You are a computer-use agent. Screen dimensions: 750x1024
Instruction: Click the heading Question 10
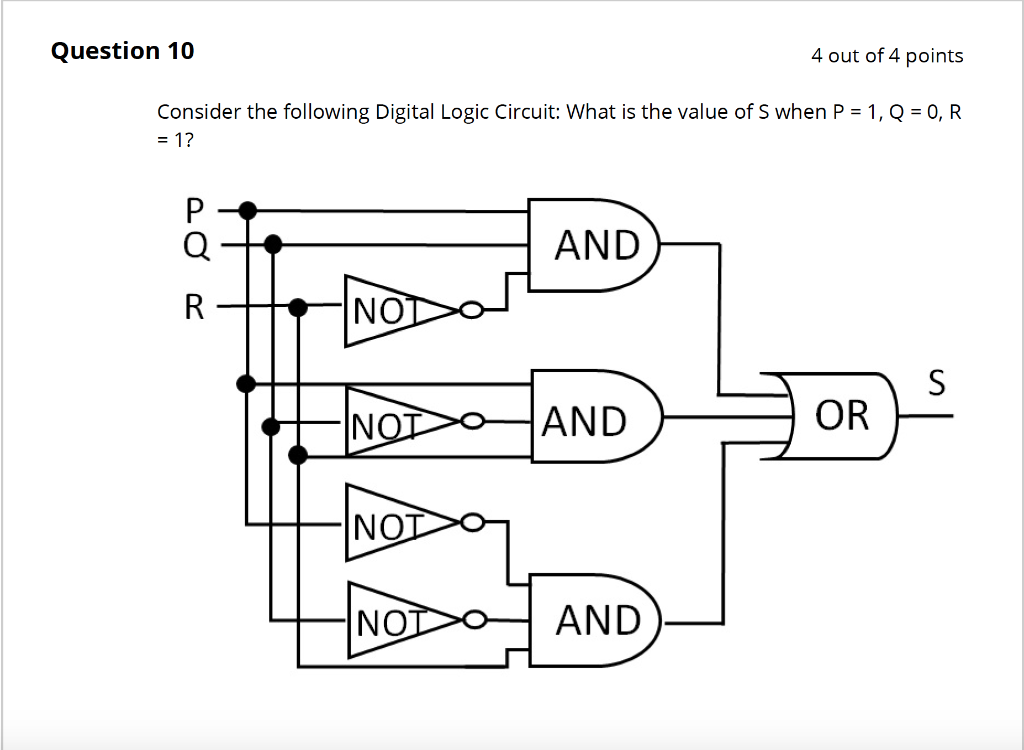click(x=123, y=51)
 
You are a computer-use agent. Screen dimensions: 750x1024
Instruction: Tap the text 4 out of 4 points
click(x=887, y=56)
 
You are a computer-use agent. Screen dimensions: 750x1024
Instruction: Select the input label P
click(x=194, y=210)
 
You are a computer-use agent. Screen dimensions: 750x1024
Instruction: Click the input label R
click(x=194, y=307)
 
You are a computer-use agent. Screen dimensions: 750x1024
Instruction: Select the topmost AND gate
click(x=594, y=244)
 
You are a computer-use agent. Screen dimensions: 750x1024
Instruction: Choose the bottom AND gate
click(x=594, y=620)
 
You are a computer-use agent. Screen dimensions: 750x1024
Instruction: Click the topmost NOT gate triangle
click(x=390, y=311)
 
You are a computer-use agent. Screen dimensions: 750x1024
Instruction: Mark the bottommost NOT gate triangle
click(x=390, y=621)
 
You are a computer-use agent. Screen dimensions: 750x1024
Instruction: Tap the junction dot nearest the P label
click(x=248, y=210)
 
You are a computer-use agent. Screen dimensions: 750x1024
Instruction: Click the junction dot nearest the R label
click(x=297, y=307)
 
